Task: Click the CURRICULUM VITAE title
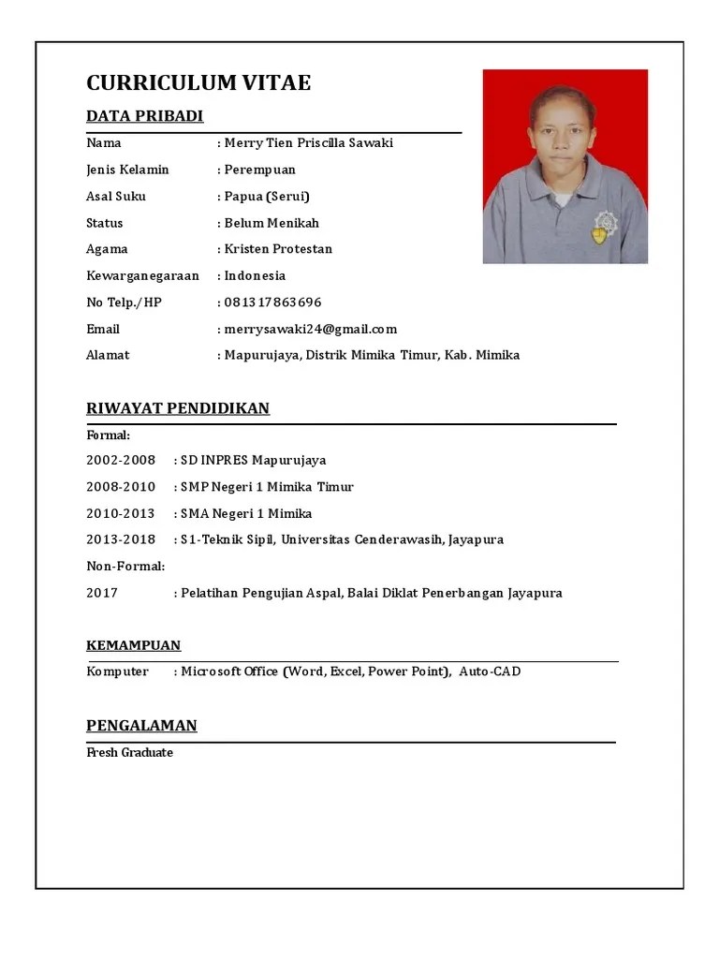point(198,82)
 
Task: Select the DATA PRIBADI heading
point(144,116)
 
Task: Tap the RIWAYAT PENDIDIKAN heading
point(178,408)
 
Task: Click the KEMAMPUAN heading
point(134,645)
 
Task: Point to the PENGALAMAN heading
point(141,726)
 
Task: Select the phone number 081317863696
point(272,302)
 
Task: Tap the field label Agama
point(107,249)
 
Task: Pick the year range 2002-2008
point(121,461)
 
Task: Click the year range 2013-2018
point(121,539)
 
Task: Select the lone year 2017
point(102,593)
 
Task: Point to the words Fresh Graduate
point(130,753)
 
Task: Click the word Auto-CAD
point(490,671)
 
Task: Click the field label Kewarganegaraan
point(142,276)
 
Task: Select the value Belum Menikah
point(271,223)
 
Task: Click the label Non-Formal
point(125,567)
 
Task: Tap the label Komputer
point(117,671)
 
